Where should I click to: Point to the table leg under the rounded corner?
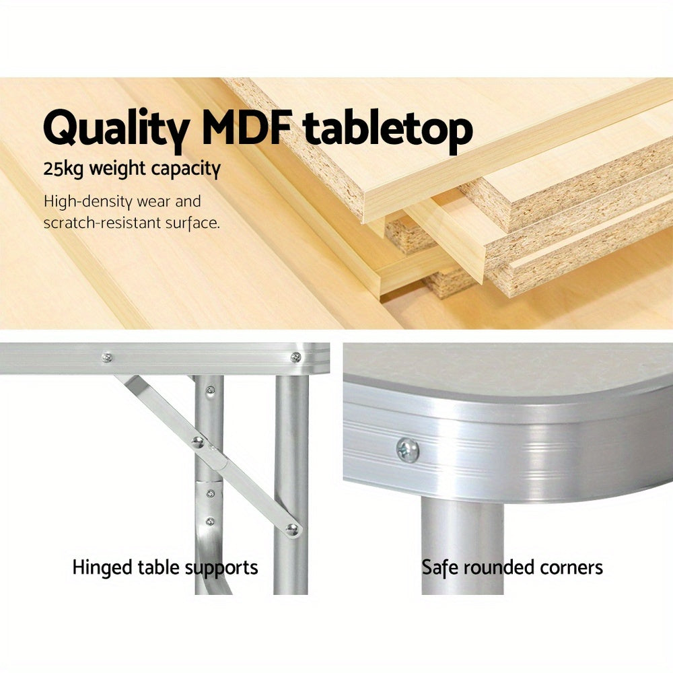462,545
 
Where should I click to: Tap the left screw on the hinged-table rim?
106,357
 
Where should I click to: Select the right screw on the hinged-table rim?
294,357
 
